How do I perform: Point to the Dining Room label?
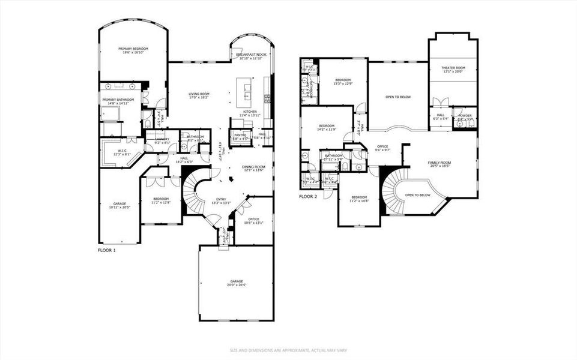click(x=253, y=168)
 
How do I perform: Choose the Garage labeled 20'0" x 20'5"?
click(x=237, y=283)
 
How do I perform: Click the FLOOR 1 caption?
click(x=106, y=250)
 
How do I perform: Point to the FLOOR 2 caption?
click(x=307, y=196)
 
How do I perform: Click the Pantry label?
click(x=241, y=137)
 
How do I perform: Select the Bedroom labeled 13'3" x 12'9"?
click(x=343, y=82)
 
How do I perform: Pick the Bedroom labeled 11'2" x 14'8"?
click(x=359, y=199)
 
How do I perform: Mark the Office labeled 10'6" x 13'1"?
click(x=253, y=220)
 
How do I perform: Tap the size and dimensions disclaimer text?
click(x=288, y=350)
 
